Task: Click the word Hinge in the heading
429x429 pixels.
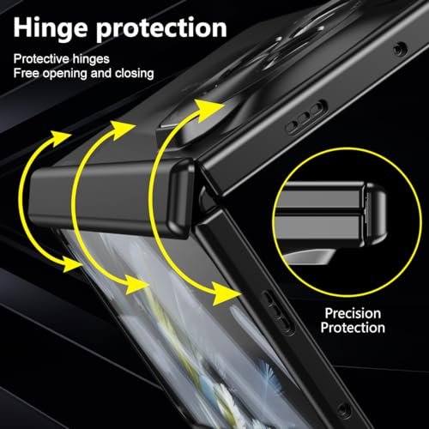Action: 50,28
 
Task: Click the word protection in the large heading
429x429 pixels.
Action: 161,29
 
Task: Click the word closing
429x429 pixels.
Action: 135,74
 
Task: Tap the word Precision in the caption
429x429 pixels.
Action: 353,313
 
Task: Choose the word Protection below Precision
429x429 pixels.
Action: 353,328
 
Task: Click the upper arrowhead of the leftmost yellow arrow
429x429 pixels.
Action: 59,138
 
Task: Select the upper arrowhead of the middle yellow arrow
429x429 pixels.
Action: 123,130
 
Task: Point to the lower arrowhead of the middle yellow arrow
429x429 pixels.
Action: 136,284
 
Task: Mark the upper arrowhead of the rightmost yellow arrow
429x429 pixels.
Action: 208,111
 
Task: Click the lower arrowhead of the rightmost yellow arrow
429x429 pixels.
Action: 227,293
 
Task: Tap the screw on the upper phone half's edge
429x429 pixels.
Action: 400,50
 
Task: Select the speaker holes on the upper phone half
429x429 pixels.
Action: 306,117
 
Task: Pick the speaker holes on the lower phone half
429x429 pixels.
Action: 277,312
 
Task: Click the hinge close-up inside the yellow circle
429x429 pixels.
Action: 329,218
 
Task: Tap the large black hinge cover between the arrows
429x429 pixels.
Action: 112,198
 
